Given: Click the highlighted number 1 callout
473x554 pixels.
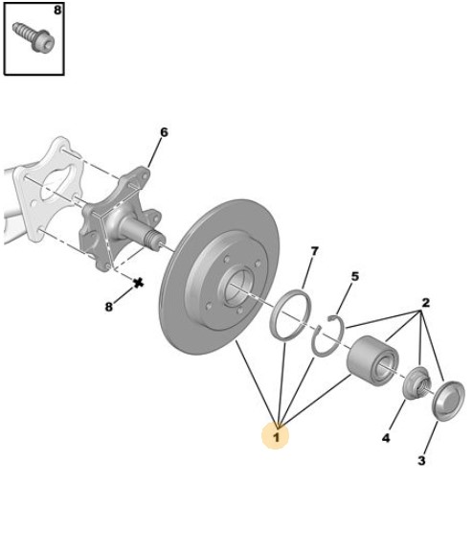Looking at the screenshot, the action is click(276, 437).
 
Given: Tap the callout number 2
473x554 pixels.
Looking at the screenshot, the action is click(426, 303).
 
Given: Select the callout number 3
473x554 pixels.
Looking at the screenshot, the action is click(421, 461).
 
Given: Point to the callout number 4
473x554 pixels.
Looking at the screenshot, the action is click(386, 438).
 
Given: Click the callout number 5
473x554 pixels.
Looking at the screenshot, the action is click(354, 276).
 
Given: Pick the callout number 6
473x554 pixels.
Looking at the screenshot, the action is click(164, 132).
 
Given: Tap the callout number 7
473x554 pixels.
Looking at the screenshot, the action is click(314, 251).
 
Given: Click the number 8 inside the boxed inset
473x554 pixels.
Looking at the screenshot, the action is click(57, 11).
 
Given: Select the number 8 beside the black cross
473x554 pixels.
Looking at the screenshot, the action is click(109, 307).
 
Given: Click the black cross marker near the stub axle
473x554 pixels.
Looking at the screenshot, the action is click(139, 282).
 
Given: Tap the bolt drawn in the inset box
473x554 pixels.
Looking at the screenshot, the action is click(34, 37).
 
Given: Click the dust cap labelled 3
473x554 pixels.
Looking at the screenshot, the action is click(448, 401).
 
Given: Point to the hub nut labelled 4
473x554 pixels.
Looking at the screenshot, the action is click(417, 383).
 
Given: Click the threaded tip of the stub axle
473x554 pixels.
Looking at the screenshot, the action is click(153, 240).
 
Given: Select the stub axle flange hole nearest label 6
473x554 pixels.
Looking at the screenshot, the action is click(145, 175).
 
